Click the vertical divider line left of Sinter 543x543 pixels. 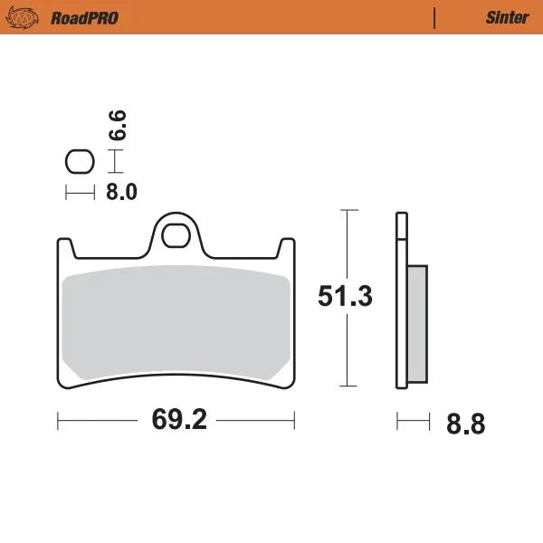(x=435, y=17)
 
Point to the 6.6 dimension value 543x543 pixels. (x=118, y=125)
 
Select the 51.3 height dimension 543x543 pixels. (x=345, y=296)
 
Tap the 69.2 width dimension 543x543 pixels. (x=176, y=421)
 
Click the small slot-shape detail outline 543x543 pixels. (x=80, y=162)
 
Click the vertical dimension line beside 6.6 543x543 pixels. (x=114, y=162)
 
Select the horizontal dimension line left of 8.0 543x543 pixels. (x=80, y=192)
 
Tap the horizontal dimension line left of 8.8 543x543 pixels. (x=413, y=421)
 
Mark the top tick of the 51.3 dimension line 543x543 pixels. (x=349, y=210)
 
